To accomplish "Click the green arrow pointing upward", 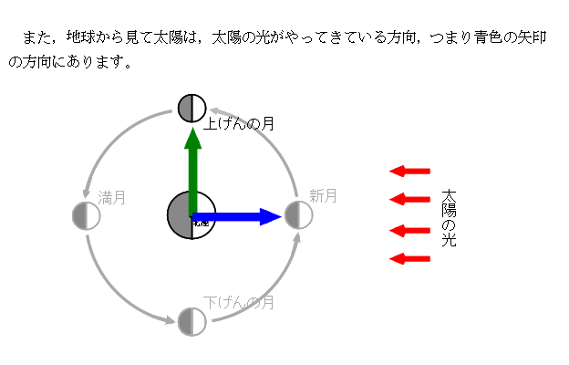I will point(192,169).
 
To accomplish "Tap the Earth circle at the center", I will point(191,216).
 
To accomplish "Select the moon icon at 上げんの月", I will point(192,108).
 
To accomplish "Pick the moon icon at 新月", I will point(298,215).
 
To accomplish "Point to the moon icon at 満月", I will point(86,215).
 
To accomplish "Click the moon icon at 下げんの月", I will point(192,321).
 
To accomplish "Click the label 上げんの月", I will point(239,123).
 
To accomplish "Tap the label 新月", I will point(323,195).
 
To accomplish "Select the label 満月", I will point(112,196).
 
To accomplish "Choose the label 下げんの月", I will point(239,302).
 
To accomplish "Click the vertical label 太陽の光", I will point(448,219).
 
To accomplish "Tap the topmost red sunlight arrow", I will point(409,171).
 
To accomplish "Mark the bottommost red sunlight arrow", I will point(409,259).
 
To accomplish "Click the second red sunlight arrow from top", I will point(409,199).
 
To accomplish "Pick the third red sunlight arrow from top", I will point(409,230).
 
